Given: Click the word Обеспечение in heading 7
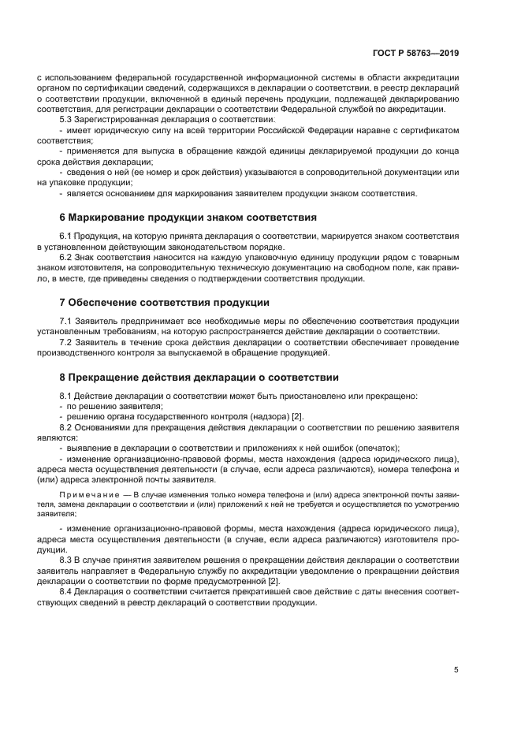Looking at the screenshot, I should tap(103, 303).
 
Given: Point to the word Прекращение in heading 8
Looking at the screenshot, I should tap(106, 377).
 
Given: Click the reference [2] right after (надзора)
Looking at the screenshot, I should tap(298, 416).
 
